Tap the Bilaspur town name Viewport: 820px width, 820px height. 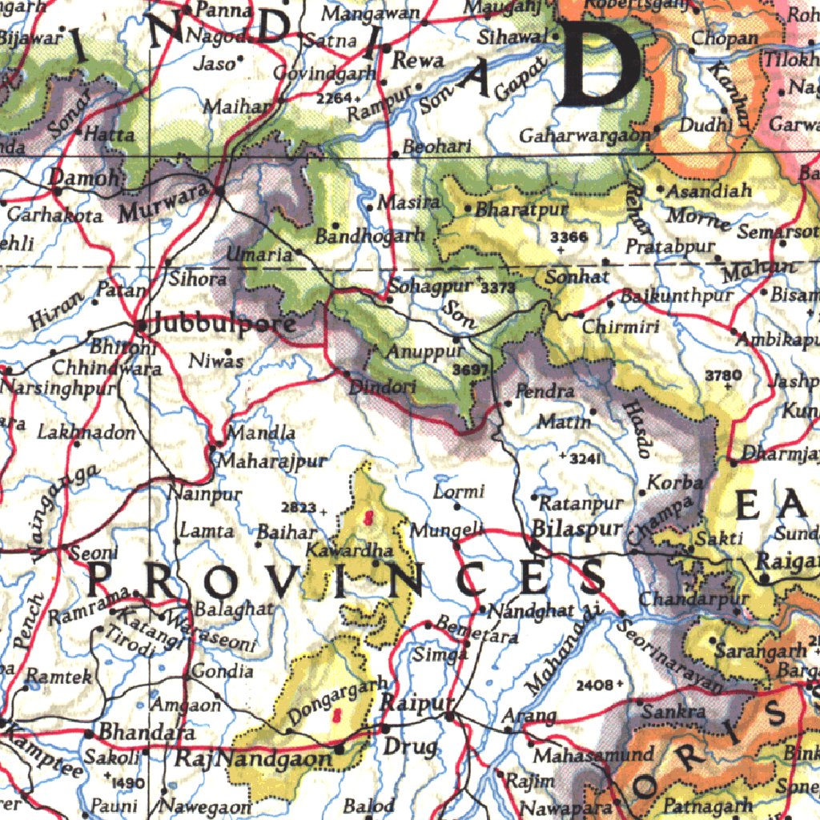[x=577, y=529]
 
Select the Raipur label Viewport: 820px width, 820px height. [x=410, y=704]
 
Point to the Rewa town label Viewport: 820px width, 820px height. [x=418, y=61]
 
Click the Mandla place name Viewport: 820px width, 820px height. [x=261, y=433]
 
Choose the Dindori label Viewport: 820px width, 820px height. [x=383, y=387]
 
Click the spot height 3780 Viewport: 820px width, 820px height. [x=723, y=374]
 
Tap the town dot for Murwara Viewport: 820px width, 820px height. [x=219, y=191]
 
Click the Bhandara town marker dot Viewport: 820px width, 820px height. [x=88, y=733]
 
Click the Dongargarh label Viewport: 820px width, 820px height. [x=339, y=700]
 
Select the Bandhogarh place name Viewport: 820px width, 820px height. [x=369, y=236]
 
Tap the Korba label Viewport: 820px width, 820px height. [x=675, y=483]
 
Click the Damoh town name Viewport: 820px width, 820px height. [x=83, y=178]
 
